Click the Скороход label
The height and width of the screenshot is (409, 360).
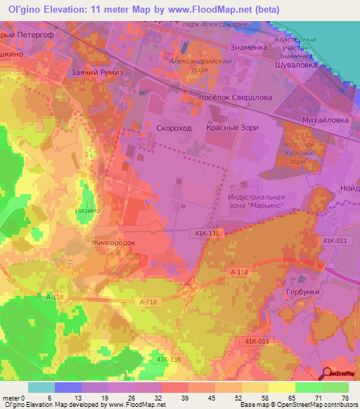[173, 128]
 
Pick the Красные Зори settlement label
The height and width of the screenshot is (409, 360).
[232, 128]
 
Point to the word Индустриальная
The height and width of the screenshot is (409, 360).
[257, 197]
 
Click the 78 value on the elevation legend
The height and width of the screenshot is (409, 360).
[345, 397]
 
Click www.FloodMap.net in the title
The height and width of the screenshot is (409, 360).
[215, 9]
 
